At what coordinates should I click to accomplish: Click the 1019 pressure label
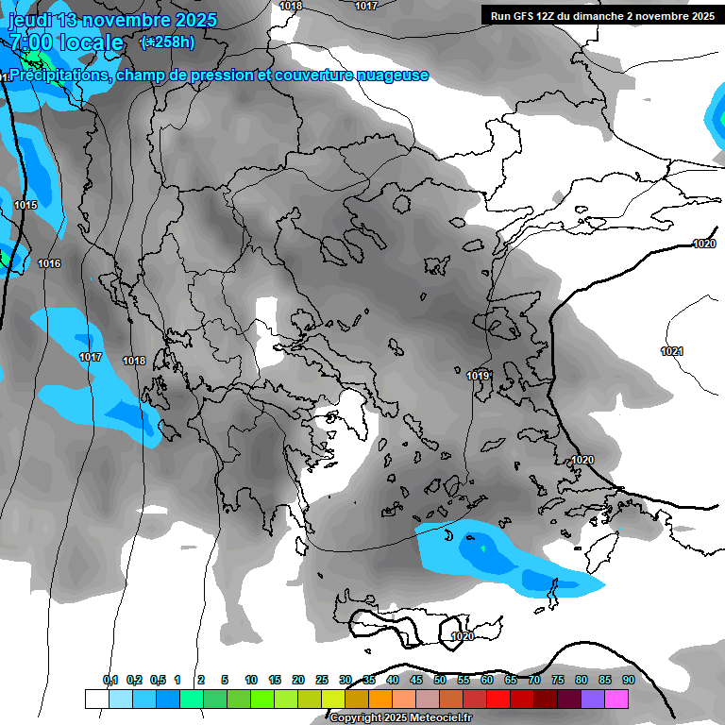478,376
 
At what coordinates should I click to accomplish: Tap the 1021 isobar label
672,351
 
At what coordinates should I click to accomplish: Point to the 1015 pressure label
25,205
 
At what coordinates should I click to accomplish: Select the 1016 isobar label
49,263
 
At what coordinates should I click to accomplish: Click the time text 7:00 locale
66,42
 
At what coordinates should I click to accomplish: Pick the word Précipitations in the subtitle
59,76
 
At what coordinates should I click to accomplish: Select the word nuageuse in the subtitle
391,76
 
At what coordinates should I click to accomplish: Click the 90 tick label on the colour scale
628,680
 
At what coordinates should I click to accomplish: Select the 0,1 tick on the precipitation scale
110,680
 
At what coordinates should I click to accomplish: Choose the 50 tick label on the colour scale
440,680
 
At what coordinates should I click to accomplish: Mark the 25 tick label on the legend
322,680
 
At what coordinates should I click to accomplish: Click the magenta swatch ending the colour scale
615,699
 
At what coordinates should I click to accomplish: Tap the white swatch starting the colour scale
96,699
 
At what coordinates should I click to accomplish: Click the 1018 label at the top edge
291,6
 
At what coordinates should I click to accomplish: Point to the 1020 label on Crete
463,636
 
